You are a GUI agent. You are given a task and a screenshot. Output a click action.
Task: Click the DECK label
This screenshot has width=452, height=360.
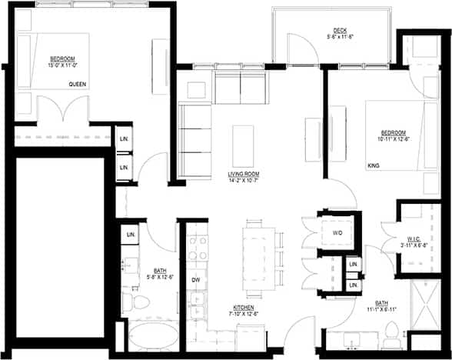click(340, 30)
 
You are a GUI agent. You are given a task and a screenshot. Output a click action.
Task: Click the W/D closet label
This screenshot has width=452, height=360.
click(337, 232)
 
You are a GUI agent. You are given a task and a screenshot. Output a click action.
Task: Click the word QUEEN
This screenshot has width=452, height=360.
click(77, 84)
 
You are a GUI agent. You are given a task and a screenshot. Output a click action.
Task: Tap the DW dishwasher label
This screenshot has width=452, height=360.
click(195, 279)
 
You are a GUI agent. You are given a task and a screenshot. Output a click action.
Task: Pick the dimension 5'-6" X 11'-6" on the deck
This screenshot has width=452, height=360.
click(340, 37)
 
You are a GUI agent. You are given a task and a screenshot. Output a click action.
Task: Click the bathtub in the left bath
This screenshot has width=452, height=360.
click(150, 337)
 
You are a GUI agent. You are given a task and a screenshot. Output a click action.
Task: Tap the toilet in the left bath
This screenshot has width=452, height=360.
click(131, 302)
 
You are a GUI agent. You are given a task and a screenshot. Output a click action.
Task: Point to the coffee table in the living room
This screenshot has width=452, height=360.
click(243, 145)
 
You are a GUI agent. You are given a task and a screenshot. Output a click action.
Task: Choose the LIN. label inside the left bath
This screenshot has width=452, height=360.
click(131, 233)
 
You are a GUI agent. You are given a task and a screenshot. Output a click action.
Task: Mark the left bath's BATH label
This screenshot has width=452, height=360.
click(160, 270)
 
